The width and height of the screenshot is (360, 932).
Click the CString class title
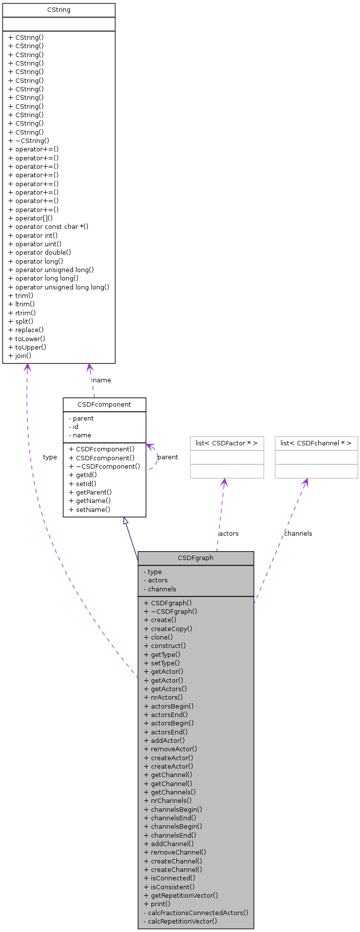click(59, 10)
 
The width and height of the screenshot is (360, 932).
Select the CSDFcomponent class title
click(104, 405)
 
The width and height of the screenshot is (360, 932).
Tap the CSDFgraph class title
click(196, 558)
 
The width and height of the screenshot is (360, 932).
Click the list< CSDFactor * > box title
click(226, 443)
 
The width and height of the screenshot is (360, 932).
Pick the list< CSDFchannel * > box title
click(316, 443)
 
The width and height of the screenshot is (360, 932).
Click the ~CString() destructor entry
click(29, 141)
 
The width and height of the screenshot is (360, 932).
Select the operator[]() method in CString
click(31, 218)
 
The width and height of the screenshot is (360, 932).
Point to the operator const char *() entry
click(49, 227)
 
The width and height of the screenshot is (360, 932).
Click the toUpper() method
click(27, 347)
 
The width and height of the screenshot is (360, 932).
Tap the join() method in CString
click(20, 356)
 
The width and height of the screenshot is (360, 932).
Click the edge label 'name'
click(102, 380)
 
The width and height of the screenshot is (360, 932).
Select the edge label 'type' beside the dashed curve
click(50, 457)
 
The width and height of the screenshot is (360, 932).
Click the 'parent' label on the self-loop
click(167, 457)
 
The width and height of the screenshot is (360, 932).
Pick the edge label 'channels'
click(298, 534)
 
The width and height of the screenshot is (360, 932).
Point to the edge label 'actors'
click(228, 534)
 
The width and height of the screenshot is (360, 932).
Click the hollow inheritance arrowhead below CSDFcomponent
click(126, 521)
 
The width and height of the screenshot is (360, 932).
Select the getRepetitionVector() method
click(181, 896)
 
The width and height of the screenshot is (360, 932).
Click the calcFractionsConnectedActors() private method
click(196, 913)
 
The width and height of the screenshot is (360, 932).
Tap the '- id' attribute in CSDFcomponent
click(73, 427)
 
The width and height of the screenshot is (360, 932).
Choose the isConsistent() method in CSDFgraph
click(169, 887)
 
